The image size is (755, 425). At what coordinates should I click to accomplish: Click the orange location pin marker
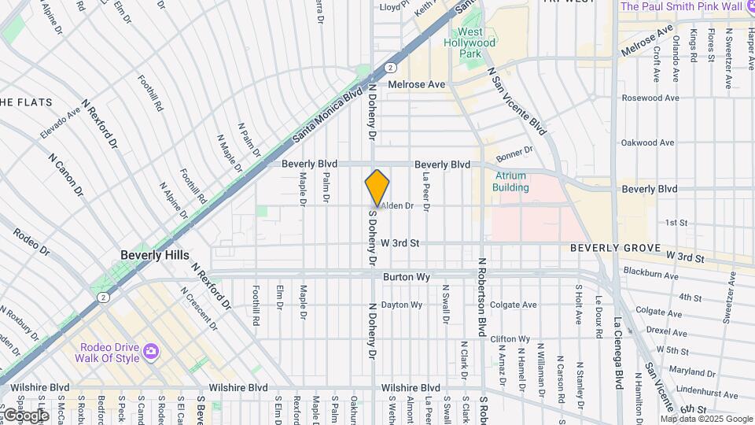[x=377, y=189]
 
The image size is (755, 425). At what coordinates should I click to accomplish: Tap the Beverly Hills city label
[x=155, y=256]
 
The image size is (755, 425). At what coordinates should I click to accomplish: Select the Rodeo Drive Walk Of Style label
[x=109, y=353]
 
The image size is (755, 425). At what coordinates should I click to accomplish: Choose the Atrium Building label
[x=510, y=182]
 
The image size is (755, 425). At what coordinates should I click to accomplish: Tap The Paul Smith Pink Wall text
[x=681, y=6]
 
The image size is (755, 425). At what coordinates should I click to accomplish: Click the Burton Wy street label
[x=404, y=278]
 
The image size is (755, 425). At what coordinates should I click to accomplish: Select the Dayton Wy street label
[x=401, y=305]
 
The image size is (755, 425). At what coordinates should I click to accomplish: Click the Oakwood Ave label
[x=647, y=143]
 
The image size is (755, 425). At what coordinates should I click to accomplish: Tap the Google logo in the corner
[x=25, y=415]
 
